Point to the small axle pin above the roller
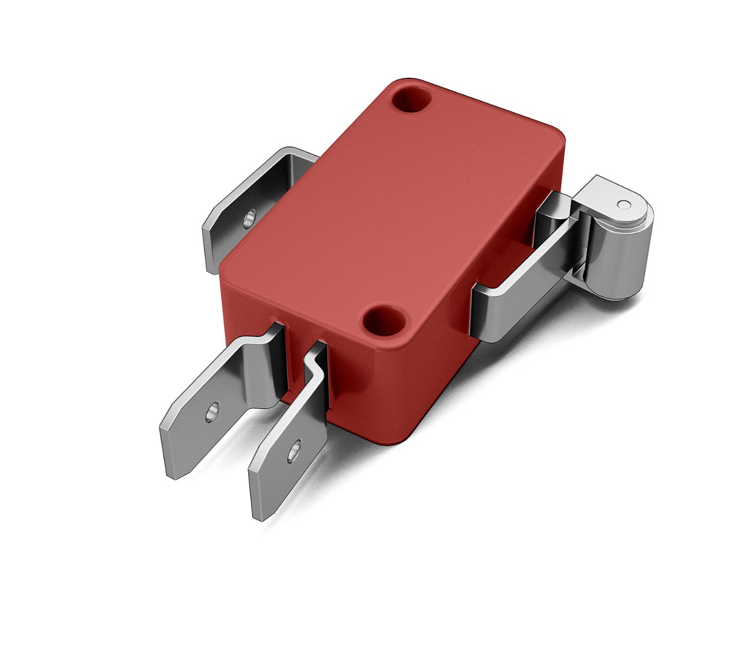622,204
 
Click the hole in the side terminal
249,218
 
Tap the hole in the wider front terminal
212,409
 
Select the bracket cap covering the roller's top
610,196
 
